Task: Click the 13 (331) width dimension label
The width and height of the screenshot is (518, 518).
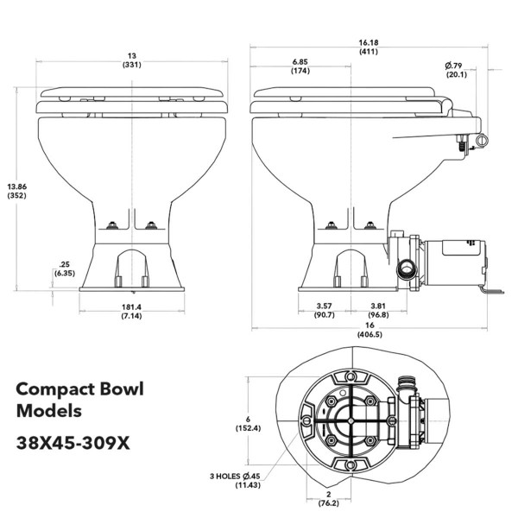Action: tap(132, 60)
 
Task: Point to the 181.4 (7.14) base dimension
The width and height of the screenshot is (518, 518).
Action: tap(132, 312)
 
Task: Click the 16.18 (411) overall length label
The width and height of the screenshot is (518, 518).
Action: tap(366, 45)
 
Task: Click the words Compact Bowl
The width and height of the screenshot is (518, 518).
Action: tap(79, 389)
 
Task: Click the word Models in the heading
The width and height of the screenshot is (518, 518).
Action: tap(51, 412)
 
